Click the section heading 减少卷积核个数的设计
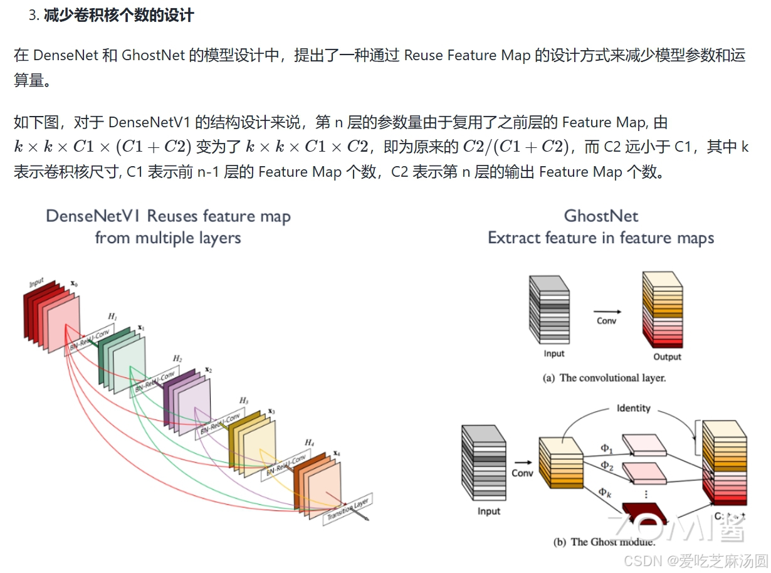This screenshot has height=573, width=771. tap(118, 16)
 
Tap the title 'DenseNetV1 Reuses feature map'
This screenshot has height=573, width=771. tap(168, 216)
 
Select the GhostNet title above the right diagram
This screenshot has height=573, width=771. tap(601, 216)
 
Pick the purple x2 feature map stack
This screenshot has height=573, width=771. tap(188, 402)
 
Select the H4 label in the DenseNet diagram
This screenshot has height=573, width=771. tap(309, 443)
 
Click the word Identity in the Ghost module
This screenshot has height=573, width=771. tap(633, 408)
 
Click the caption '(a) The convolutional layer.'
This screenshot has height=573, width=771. tap(604, 378)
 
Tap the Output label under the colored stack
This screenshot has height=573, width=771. tap(667, 357)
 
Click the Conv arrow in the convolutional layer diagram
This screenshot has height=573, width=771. tap(607, 311)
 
